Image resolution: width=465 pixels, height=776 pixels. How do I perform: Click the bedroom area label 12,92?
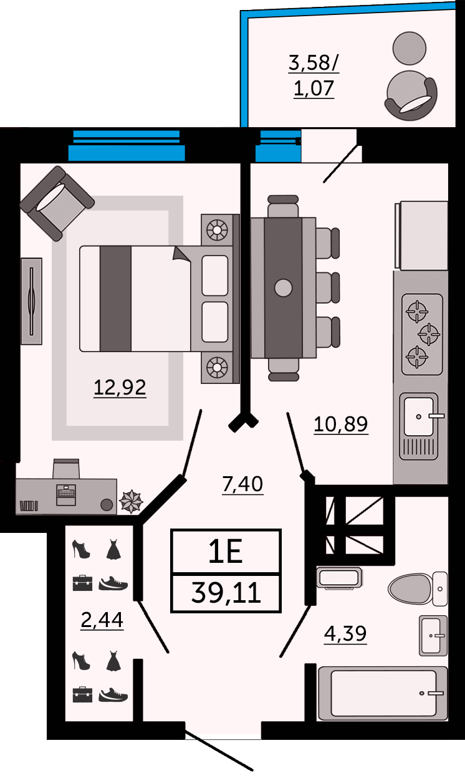click(x=120, y=387)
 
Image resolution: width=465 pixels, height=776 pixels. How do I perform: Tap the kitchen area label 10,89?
click(x=340, y=424)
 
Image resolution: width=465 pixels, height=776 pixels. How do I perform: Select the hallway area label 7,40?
click(x=242, y=484)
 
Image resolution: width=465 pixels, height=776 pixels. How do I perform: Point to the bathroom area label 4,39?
click(x=345, y=634)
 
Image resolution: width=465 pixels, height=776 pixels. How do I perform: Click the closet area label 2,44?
click(x=102, y=620)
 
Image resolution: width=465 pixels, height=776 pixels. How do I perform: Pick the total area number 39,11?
click(x=226, y=593)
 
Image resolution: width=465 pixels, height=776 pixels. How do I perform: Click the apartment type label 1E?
click(x=225, y=552)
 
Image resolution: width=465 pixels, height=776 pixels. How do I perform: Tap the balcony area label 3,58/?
click(x=314, y=63)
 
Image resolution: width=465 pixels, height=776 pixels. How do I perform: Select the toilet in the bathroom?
click(x=418, y=588)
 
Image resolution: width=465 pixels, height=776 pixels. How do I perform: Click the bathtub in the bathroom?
click(x=383, y=693)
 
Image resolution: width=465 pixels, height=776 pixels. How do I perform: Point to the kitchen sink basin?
click(x=419, y=417)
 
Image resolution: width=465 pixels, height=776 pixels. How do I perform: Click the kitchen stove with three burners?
click(x=422, y=334)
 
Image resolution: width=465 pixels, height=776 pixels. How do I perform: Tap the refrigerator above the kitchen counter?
click(x=421, y=236)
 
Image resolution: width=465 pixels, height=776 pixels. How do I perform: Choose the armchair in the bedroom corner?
click(x=57, y=203)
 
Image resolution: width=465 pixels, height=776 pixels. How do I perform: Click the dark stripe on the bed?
click(x=115, y=299)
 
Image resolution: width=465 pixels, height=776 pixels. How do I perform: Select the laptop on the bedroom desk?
click(x=66, y=494)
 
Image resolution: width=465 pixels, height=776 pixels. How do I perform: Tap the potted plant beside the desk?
click(x=131, y=501)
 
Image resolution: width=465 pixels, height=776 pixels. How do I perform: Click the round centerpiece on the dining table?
click(x=283, y=287)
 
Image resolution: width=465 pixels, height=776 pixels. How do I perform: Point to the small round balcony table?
click(x=410, y=48)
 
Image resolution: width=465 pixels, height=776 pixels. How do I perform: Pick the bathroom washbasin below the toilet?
click(x=433, y=636)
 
